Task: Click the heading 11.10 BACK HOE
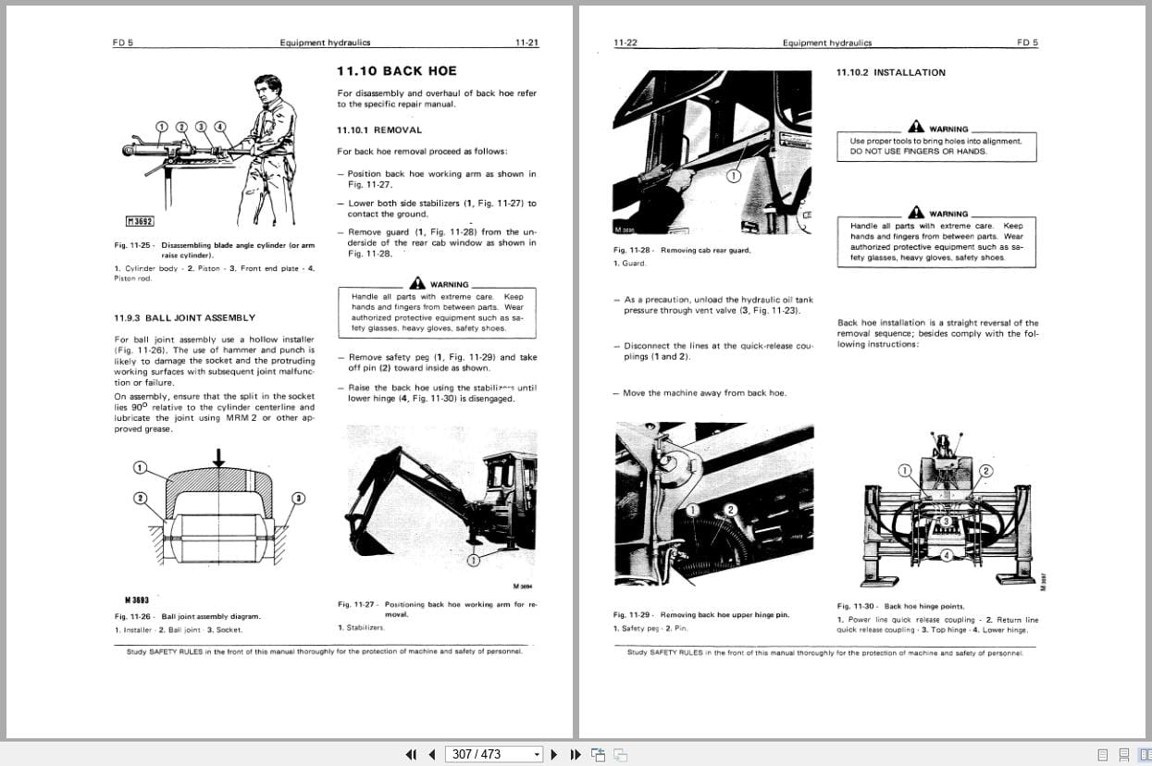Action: click(x=396, y=71)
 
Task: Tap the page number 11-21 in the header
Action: click(x=526, y=43)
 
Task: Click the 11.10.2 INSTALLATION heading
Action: click(x=890, y=72)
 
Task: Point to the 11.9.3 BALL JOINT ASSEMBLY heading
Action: click(x=184, y=317)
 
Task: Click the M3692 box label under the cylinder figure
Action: click(x=139, y=220)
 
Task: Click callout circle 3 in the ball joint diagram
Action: click(x=299, y=499)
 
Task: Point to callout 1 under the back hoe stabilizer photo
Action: click(x=473, y=560)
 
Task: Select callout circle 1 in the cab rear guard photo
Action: click(x=733, y=175)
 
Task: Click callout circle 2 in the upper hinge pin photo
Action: click(x=729, y=510)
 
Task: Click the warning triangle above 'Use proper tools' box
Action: click(x=915, y=127)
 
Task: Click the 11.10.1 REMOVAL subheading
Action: click(x=378, y=130)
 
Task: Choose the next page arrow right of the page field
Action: click(x=554, y=754)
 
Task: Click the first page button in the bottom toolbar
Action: click(x=411, y=754)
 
